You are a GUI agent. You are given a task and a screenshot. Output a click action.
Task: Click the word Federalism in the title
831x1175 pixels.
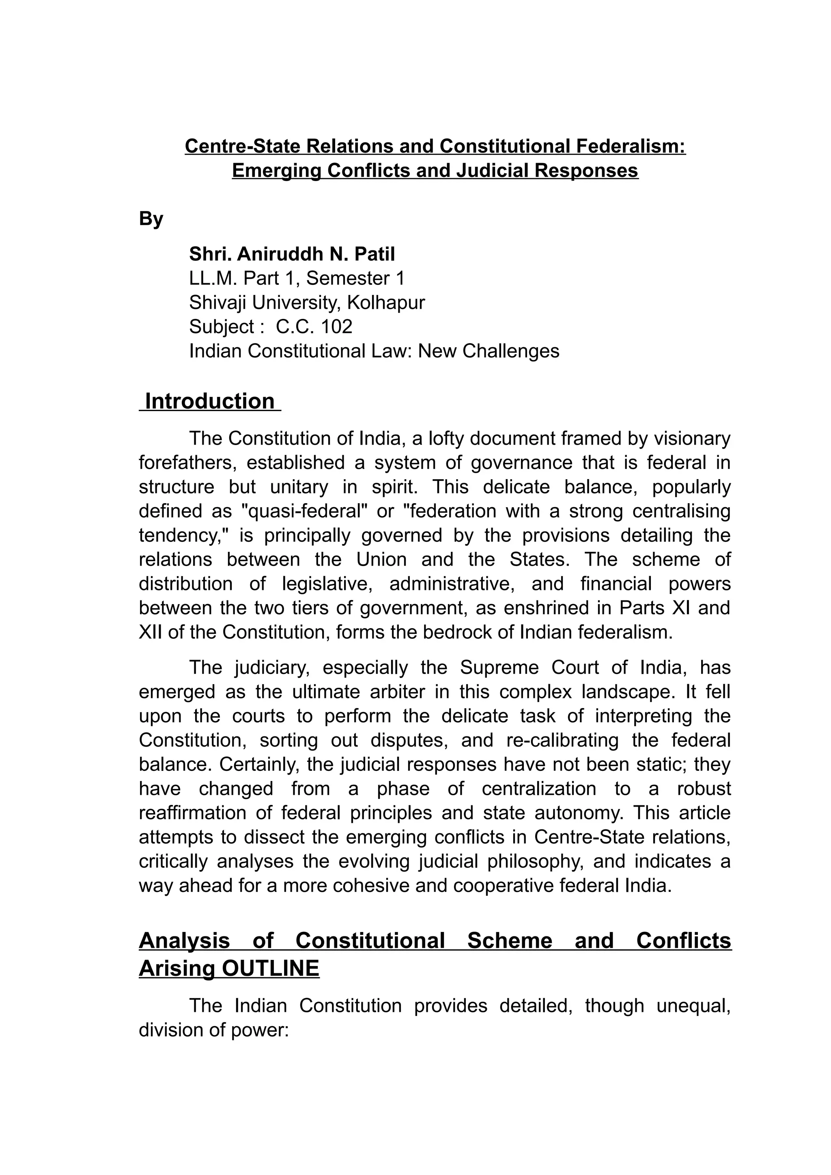631,146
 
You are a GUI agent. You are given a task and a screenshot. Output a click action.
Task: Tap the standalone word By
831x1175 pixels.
151,219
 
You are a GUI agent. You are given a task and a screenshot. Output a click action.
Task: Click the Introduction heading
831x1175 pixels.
210,401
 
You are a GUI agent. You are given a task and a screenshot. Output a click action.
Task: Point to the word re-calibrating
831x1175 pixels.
561,740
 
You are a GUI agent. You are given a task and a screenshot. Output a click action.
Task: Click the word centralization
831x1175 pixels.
539,789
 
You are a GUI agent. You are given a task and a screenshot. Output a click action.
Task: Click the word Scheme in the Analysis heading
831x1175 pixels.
510,940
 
